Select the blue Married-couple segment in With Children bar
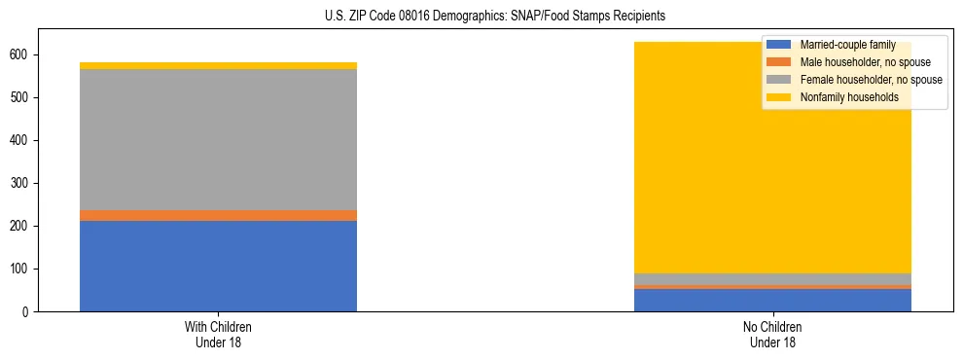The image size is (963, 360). point(218,266)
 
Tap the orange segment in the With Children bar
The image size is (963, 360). point(218,215)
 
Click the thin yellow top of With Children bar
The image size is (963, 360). point(218,66)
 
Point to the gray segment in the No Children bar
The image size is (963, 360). point(772,279)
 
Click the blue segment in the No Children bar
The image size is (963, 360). point(772,300)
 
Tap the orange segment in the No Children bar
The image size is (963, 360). point(772,287)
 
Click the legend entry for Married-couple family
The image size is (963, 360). point(846,45)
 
